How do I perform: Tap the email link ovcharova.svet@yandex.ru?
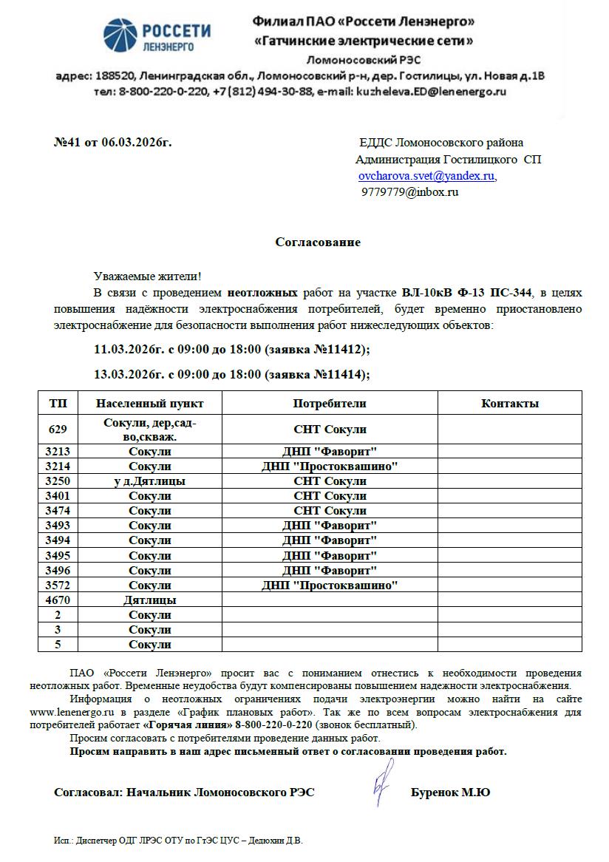[426, 177]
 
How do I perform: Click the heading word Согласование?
[318, 242]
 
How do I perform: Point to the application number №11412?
[340, 349]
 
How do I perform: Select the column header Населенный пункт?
[149, 404]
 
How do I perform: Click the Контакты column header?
[509, 404]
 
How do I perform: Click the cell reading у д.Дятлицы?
[149, 481]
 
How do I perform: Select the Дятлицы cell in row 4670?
[149, 600]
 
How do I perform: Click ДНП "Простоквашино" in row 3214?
[330, 466]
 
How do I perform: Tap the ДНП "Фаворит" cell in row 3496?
[330, 570]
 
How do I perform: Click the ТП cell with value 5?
[58, 645]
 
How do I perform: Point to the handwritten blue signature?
[382, 785]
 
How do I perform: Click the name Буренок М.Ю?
[450, 793]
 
